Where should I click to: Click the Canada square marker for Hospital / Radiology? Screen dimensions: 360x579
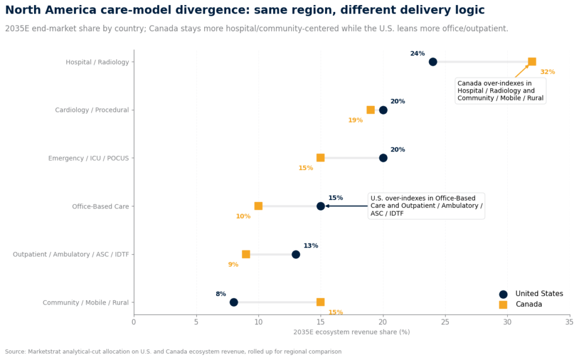coord(532,62)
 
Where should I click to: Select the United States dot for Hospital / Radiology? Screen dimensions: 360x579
coord(433,62)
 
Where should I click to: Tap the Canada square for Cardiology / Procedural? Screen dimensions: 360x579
coord(370,110)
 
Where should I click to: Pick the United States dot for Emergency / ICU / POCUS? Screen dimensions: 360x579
coord(383,158)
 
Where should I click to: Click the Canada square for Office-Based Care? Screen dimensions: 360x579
coord(258,206)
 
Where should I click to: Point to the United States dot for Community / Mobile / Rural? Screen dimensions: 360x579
coord(234,302)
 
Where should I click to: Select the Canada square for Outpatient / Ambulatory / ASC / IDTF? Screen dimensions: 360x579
coord(246,254)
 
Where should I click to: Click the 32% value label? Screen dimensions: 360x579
coord(547,72)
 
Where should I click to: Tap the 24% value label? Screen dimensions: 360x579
coord(417,54)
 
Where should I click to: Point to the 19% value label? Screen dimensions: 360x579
coord(355,120)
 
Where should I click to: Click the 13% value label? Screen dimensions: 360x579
coord(310,246)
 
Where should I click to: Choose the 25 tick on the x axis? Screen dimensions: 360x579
coord(445,322)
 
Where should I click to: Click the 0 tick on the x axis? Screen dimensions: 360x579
coord(134,322)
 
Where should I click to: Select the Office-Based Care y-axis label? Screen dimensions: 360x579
coord(101,206)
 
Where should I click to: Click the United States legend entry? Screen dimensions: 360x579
coord(531,294)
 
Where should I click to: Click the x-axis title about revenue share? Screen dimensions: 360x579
coord(352,332)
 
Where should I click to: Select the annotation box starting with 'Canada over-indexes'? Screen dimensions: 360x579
coord(500,90)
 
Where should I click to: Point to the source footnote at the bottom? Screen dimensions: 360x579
coord(173,352)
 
